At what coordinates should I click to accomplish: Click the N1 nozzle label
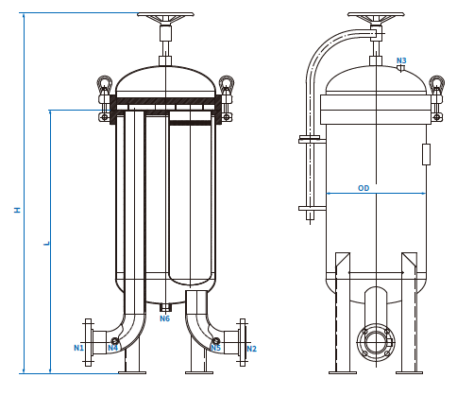point(79,348)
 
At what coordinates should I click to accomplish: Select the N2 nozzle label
point(251,349)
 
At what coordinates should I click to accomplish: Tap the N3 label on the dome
point(401,60)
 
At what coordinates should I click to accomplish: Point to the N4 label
point(112,348)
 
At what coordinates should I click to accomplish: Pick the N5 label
point(215,349)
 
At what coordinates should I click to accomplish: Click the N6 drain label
point(164,318)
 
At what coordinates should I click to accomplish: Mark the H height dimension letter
point(16,210)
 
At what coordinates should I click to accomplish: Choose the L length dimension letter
point(46,243)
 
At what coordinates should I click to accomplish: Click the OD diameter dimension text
point(364,188)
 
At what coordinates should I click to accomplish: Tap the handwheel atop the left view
point(165,16)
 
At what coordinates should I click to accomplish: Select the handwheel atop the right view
point(376,16)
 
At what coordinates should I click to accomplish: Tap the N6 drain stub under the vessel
point(165,307)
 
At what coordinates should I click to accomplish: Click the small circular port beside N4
point(115,340)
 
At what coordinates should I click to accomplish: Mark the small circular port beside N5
point(216,340)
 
